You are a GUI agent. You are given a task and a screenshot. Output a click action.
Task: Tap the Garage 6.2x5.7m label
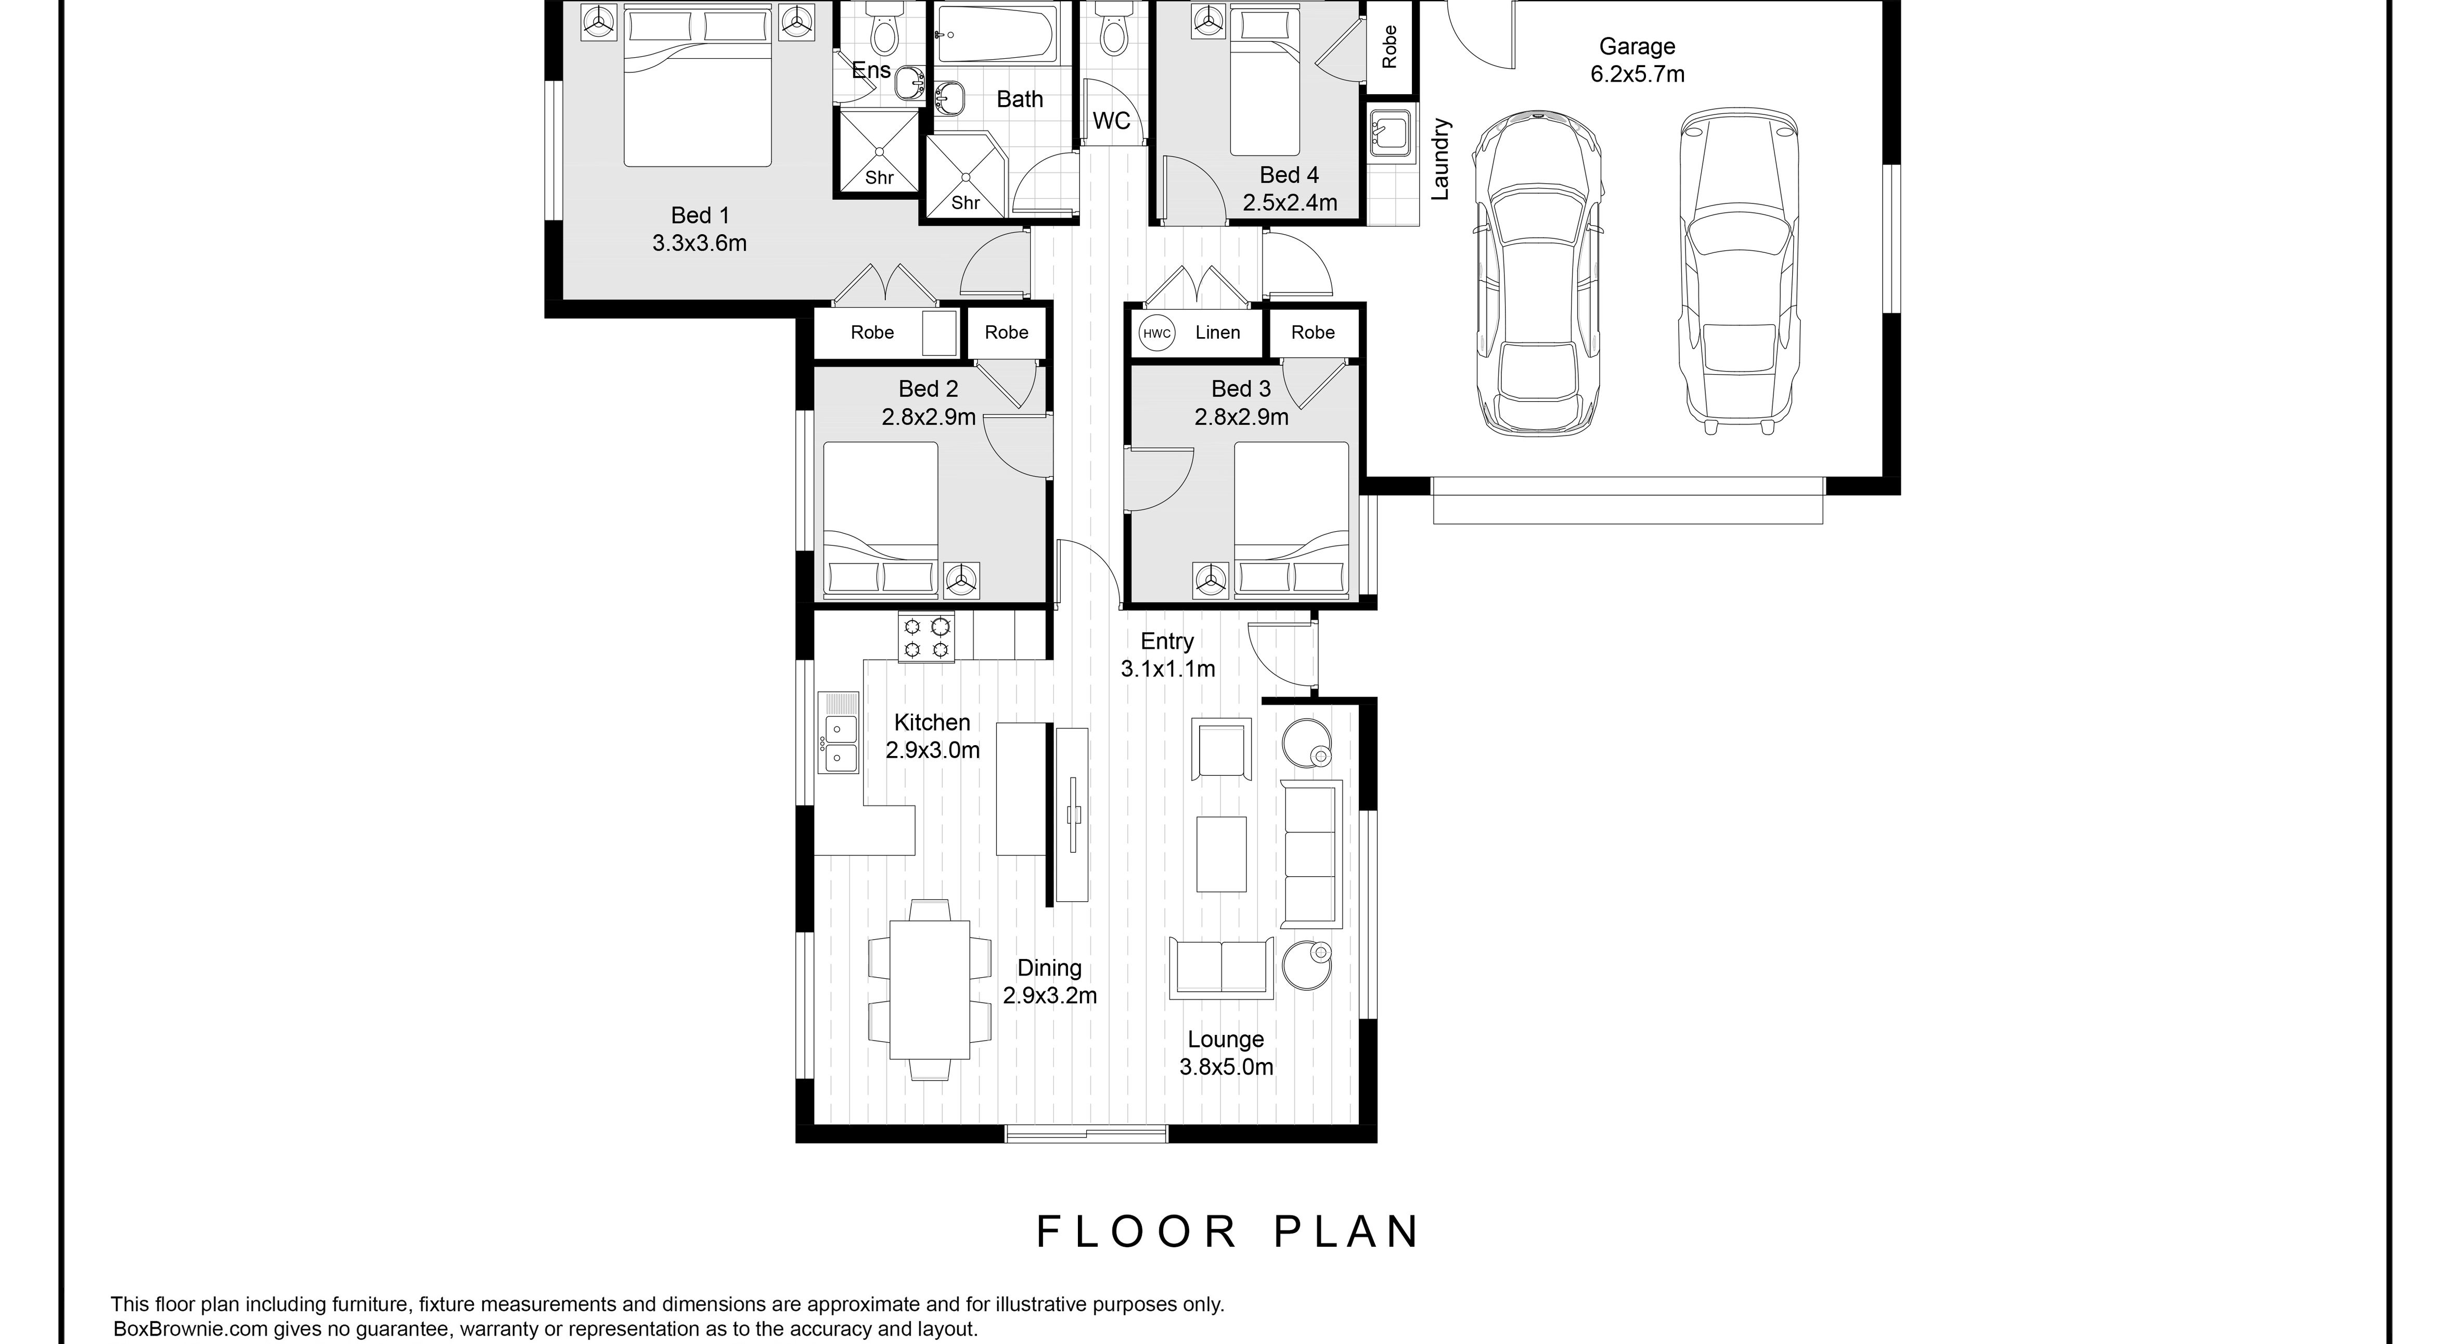click(x=1637, y=60)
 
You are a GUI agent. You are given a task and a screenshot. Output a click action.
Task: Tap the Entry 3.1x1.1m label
click(x=1167, y=655)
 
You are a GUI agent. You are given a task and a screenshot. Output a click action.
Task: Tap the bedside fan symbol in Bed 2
click(x=961, y=579)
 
